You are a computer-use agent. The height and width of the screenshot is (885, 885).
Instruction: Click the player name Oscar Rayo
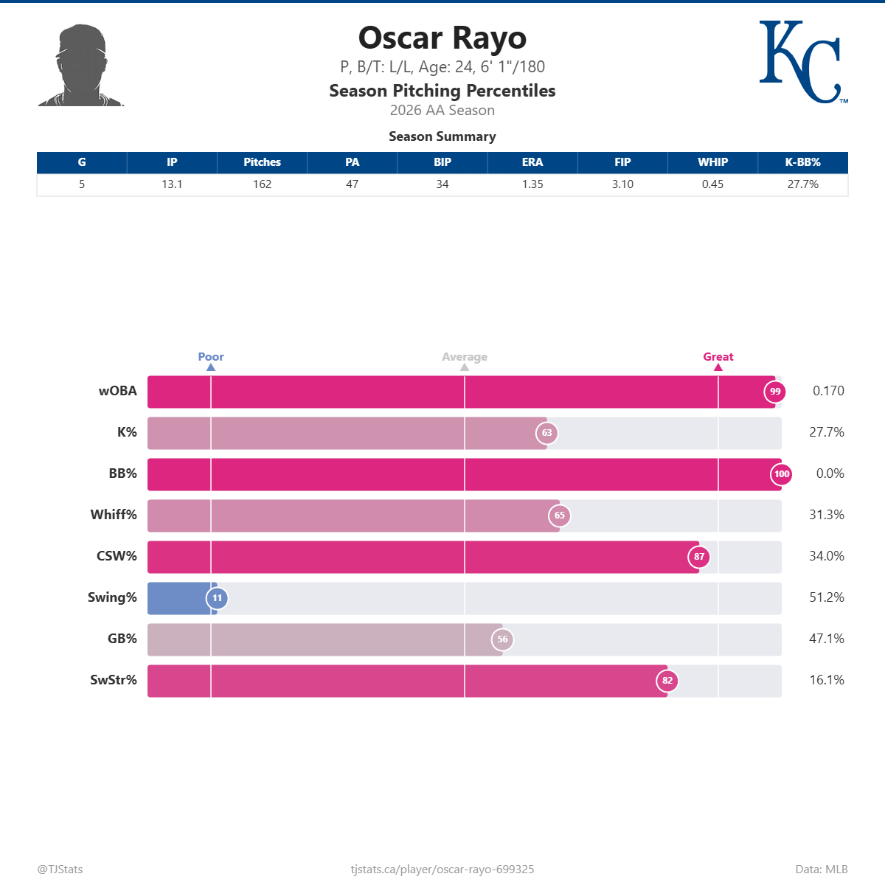[x=442, y=38]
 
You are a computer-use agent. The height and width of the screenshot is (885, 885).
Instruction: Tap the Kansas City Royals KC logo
[x=802, y=62]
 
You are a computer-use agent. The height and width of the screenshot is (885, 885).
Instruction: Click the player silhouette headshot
[x=80, y=66]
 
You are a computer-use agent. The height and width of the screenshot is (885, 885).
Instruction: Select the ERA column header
[x=532, y=162]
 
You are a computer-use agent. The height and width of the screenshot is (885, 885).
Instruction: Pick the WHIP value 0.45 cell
[x=712, y=184]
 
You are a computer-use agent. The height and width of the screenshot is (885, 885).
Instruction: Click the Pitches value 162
[x=262, y=184]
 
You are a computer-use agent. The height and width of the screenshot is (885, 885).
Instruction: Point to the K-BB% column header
[x=802, y=162]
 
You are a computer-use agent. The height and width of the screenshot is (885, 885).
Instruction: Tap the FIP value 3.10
[x=622, y=184]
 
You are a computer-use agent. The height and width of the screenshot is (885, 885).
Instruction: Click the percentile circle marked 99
[x=774, y=392]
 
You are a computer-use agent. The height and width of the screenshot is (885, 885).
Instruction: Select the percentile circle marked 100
[x=781, y=474]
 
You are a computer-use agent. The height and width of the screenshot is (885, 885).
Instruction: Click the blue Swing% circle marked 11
[x=217, y=598]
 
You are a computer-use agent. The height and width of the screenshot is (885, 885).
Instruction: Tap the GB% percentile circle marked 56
[x=502, y=639]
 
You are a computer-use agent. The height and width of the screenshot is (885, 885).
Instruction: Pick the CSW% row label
[x=117, y=556]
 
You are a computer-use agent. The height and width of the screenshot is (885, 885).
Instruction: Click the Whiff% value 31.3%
[x=826, y=515]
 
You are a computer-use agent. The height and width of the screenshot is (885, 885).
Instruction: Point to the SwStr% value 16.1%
[x=826, y=680]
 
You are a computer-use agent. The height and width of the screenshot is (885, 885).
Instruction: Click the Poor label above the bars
[x=211, y=357]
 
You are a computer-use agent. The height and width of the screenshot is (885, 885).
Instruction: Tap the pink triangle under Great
[x=718, y=367]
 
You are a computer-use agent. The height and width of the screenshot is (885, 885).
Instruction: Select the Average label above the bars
[x=465, y=357]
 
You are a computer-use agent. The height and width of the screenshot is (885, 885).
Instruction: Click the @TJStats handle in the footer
[x=60, y=870]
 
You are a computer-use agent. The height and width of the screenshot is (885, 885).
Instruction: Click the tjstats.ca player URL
[x=442, y=870]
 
